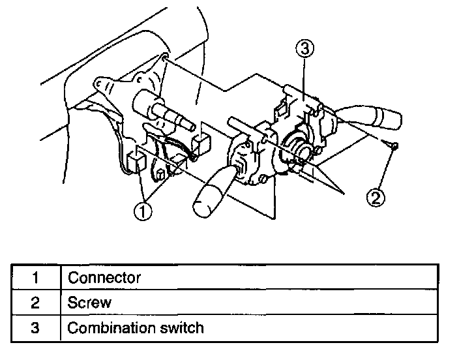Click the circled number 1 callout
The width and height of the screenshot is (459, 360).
(143, 211)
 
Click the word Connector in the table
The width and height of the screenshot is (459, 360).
(104, 278)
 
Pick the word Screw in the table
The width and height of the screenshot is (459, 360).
(90, 303)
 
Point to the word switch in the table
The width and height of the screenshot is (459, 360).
(179, 327)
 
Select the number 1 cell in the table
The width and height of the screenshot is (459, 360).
(35, 278)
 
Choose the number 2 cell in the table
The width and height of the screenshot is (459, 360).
(35, 303)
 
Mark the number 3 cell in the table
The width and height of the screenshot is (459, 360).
(35, 327)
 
